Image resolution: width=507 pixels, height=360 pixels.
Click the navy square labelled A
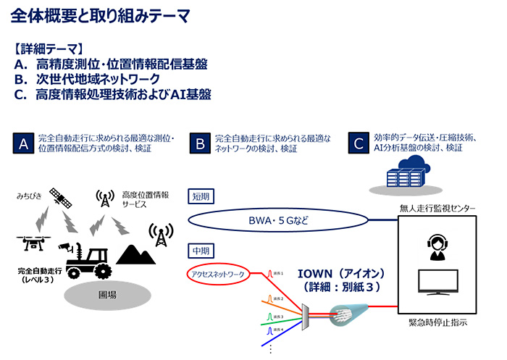tap(23, 143)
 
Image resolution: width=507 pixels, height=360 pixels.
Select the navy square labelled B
tap(200, 143)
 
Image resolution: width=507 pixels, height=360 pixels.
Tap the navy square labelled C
tap(357, 143)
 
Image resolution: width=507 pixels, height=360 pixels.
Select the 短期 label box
tap(200, 196)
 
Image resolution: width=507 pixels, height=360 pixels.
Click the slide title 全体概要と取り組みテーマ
tap(101, 16)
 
